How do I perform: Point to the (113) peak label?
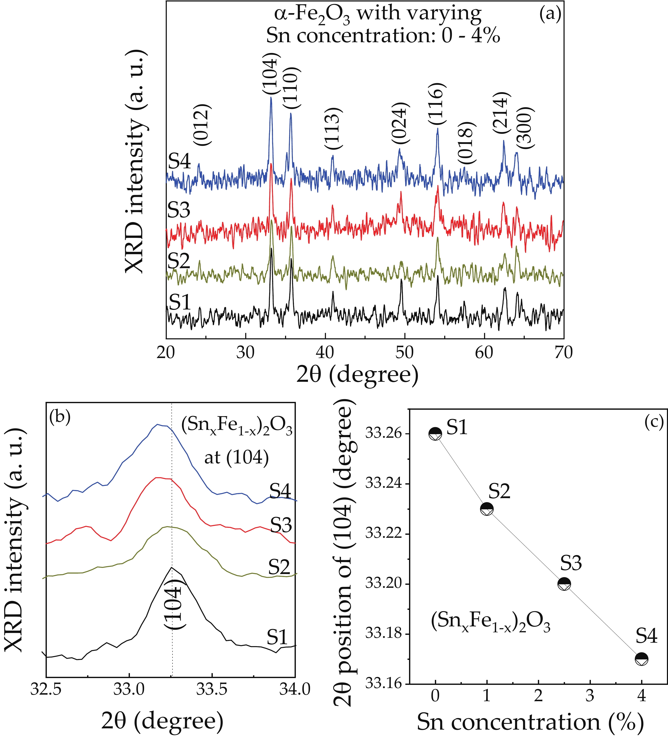(334, 129)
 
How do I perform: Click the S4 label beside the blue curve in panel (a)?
(180, 161)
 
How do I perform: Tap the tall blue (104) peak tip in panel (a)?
(271, 98)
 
